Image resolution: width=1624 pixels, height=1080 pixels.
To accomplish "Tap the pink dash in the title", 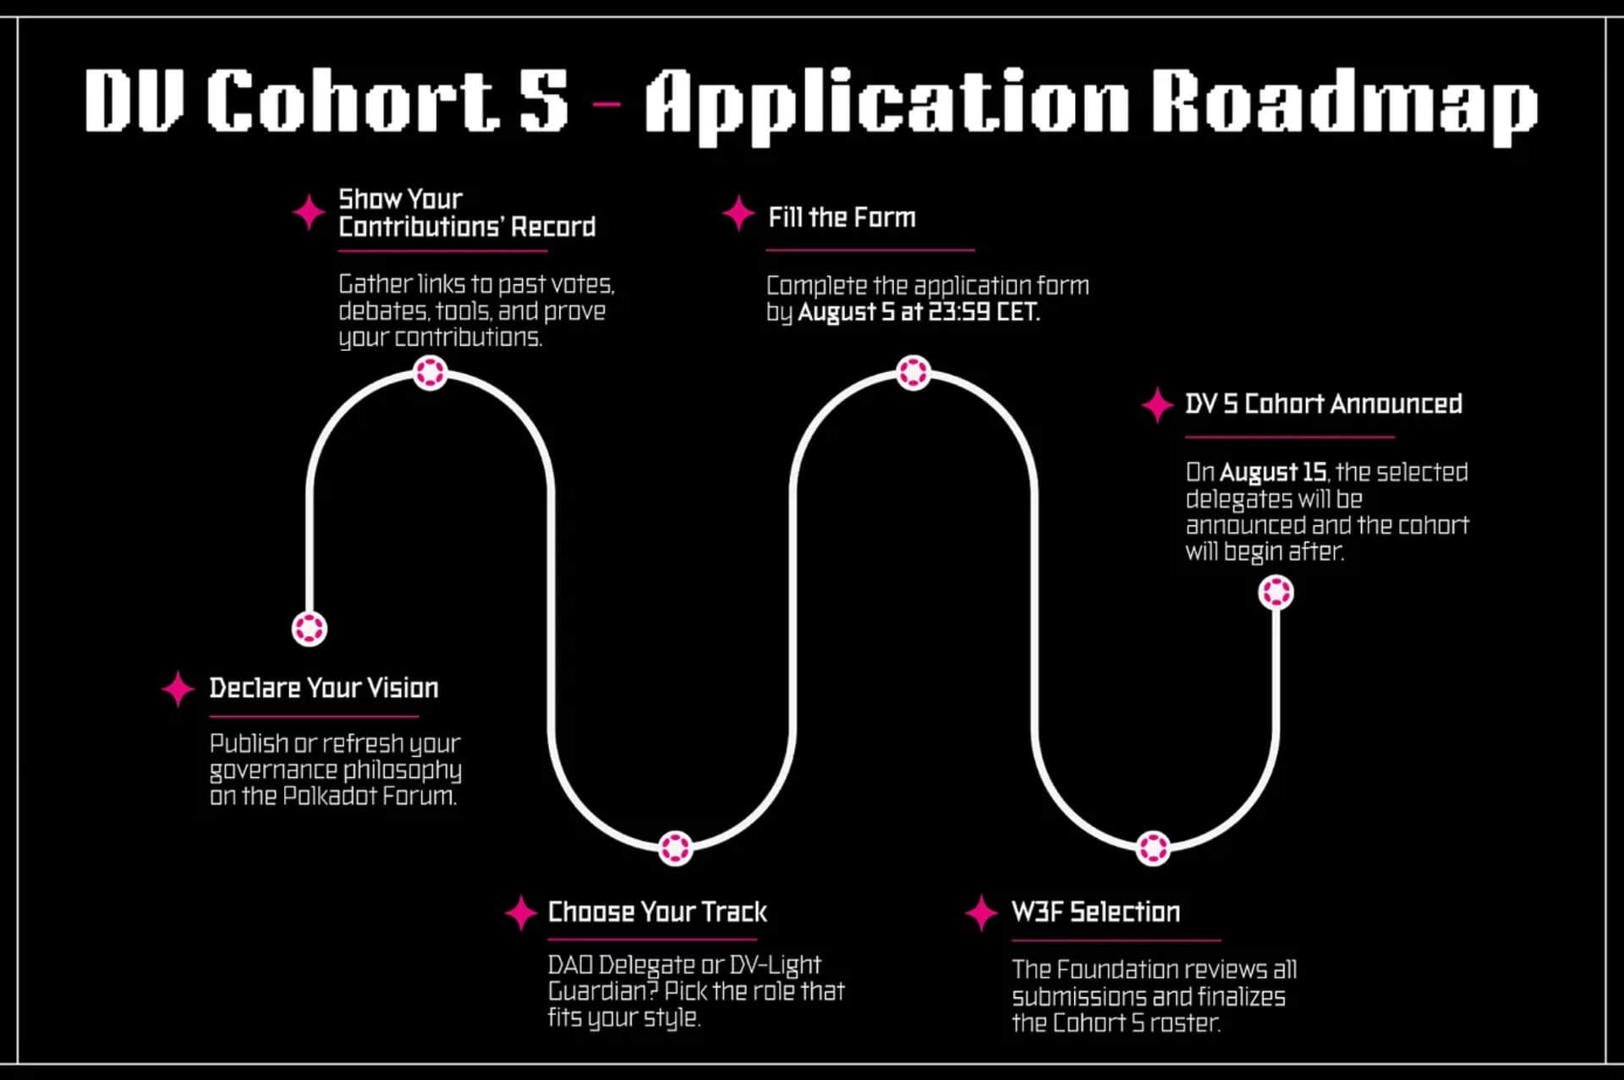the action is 606,104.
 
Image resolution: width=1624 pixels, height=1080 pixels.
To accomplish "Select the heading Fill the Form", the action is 842,217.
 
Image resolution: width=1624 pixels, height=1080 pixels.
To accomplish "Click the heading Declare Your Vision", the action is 324,688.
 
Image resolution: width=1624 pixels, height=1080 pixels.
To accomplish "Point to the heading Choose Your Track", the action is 657,912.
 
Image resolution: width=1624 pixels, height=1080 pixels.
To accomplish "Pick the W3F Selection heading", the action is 1095,912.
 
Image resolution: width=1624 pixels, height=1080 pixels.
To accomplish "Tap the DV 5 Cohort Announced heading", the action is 1323,403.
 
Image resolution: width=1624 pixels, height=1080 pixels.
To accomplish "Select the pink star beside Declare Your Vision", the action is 178,689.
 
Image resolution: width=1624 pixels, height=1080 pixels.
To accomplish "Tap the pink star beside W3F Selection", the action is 981,913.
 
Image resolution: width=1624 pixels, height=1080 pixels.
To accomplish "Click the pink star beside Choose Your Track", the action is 521,913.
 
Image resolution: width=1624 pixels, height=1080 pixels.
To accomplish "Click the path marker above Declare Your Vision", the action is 310,628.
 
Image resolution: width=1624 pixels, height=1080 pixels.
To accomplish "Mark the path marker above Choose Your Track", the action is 675,847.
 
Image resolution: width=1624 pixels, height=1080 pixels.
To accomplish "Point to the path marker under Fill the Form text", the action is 913,372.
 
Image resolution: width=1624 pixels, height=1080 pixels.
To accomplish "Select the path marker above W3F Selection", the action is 1153,847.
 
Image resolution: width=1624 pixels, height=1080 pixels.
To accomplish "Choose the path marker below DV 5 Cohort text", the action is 1276,592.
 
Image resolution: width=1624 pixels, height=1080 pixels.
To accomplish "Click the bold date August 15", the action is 1273,472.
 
